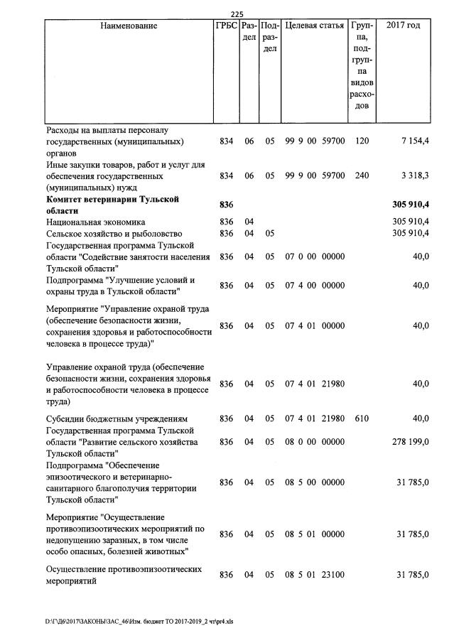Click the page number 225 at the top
237,14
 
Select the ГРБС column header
226,26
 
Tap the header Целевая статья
314,26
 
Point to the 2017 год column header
403,26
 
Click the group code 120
362,141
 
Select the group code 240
362,175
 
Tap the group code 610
362,418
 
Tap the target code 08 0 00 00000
315,442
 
